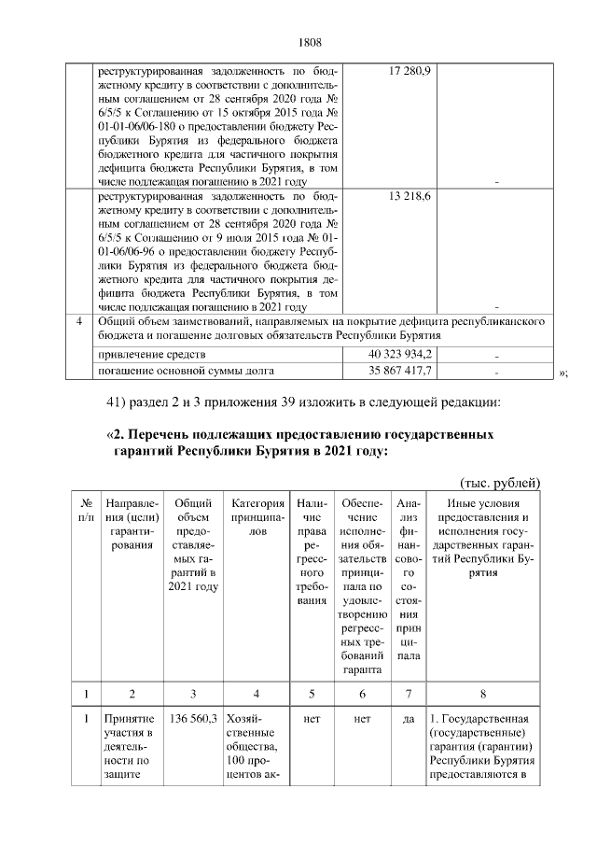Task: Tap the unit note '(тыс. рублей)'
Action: coord(500,482)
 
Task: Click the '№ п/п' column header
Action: coord(85,511)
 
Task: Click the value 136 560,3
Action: coord(193,719)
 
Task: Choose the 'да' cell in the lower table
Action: coord(408,719)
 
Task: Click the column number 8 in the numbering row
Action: coord(482,694)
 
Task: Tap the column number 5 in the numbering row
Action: coord(312,694)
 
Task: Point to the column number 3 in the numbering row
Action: coord(193,694)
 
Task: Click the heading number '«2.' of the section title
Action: coord(120,435)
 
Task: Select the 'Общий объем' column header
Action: coord(193,511)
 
